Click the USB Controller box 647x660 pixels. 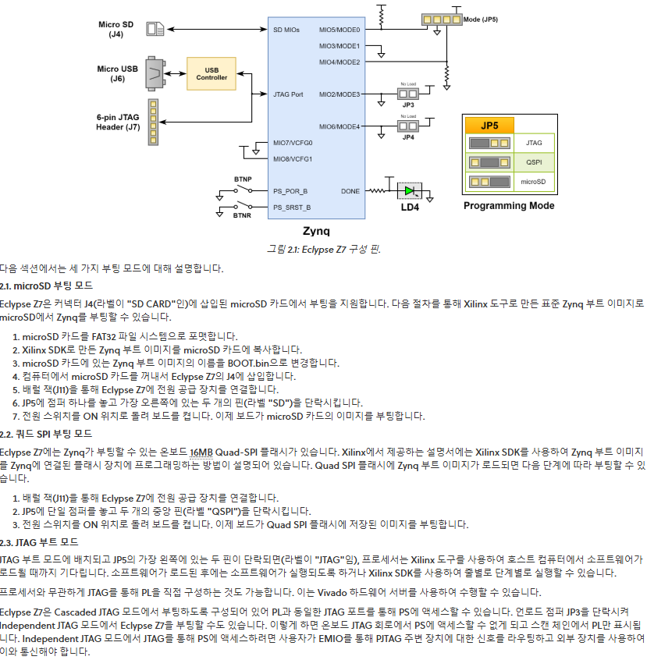tap(212, 73)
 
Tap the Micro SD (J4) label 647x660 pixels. tap(116, 30)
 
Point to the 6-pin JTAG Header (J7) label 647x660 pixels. tap(118, 121)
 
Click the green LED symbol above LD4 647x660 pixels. tap(409, 190)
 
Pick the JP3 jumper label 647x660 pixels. tap(408, 104)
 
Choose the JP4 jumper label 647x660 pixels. tap(408, 137)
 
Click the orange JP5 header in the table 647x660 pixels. tap(489, 126)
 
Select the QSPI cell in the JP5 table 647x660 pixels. tap(534, 163)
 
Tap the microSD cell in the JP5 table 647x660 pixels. tap(534, 183)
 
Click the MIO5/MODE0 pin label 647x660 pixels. tap(339, 30)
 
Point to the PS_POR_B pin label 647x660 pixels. tap(290, 190)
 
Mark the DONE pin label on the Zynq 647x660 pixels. tap(350, 190)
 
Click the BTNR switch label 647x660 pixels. tap(242, 214)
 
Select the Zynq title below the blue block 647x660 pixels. tap(316, 231)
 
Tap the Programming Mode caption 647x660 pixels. tap(509, 206)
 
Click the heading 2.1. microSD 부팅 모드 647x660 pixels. tap(46, 286)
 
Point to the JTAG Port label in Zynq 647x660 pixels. tap(289, 94)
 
